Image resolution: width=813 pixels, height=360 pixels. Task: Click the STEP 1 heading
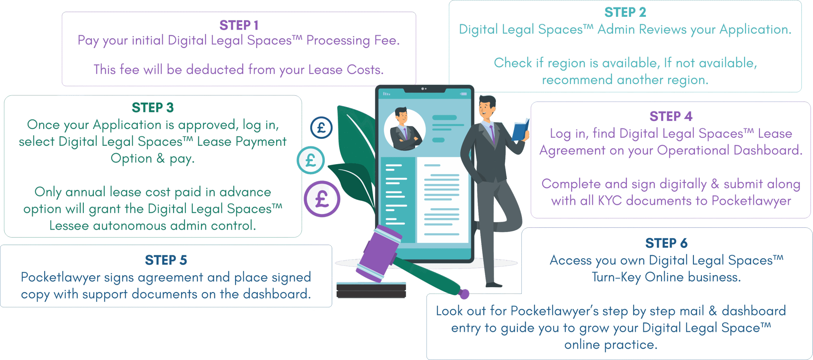[239, 25]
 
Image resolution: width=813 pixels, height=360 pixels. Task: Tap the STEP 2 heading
[625, 13]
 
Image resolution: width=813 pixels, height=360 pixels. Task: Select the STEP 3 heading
[153, 108]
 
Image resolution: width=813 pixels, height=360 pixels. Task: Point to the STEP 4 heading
[671, 117]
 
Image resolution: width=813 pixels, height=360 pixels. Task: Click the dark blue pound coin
[321, 128]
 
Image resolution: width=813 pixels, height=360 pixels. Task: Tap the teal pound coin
[311, 160]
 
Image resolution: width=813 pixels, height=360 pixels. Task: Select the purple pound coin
[322, 199]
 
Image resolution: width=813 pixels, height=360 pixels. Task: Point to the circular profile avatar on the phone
[405, 130]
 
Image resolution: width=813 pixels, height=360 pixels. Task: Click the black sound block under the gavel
[371, 291]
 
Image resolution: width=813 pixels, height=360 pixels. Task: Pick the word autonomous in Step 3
[130, 226]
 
